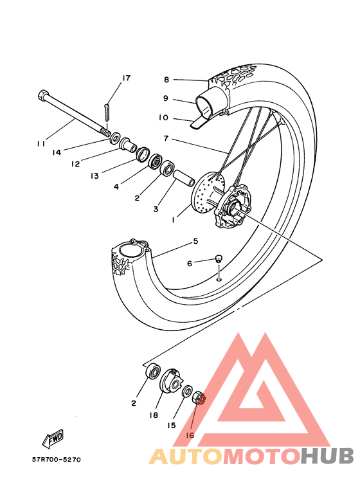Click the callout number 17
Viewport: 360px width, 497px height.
[126, 78]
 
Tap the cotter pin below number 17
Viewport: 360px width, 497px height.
[107, 113]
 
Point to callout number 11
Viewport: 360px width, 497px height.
[41, 143]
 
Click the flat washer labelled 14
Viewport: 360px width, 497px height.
[114, 137]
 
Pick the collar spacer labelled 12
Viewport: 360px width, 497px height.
[127, 144]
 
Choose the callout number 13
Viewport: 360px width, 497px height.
[94, 176]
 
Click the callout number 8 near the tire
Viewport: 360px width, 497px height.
[166, 80]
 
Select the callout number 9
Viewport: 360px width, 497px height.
[166, 98]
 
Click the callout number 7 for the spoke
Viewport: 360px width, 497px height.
[166, 138]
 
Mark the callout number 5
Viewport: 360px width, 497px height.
[195, 242]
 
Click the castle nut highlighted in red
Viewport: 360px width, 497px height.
[199, 397]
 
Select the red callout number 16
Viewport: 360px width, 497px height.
[190, 435]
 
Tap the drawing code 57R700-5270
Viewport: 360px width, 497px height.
[57, 459]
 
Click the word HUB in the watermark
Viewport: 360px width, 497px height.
[327, 456]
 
